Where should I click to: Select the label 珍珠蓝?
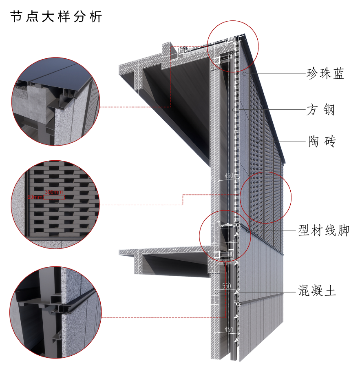tap(325, 74)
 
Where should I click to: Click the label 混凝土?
tap(317, 292)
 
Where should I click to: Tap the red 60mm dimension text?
tap(34, 197)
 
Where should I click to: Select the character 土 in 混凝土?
tap(330, 292)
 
